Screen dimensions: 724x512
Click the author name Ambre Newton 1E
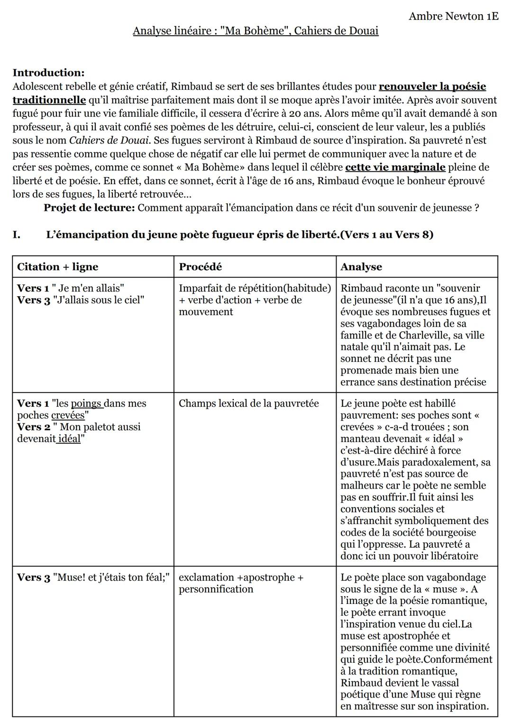(x=453, y=16)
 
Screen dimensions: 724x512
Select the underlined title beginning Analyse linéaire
(x=256, y=31)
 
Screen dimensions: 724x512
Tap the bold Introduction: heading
(x=48, y=73)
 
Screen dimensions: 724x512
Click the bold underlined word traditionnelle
(x=49, y=100)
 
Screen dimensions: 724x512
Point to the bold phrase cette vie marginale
(x=395, y=167)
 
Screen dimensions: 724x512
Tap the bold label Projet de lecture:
(x=89, y=208)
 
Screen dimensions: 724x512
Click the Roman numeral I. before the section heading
(x=17, y=235)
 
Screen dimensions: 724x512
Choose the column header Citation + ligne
(x=57, y=267)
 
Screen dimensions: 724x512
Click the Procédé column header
(x=200, y=267)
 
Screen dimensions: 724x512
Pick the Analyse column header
(x=361, y=267)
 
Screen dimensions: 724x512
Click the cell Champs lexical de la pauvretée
(x=248, y=404)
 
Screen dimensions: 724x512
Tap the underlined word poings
(x=86, y=404)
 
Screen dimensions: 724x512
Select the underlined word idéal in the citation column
(x=69, y=439)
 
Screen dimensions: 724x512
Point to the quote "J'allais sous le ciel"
(x=99, y=300)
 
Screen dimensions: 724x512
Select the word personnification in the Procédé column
(x=216, y=589)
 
